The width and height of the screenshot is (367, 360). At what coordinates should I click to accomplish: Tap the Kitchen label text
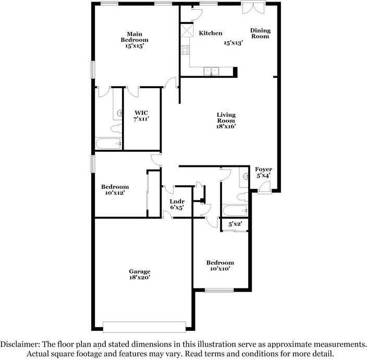(211, 33)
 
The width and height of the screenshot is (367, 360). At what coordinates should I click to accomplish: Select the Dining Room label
(260, 33)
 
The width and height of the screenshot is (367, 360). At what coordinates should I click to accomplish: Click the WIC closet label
(141, 112)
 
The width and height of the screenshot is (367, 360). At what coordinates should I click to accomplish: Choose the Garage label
(140, 271)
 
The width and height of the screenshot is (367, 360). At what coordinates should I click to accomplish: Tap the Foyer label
(263, 170)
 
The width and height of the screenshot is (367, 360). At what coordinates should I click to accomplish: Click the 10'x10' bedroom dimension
(219, 269)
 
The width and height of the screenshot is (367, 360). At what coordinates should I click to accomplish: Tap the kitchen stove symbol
(185, 51)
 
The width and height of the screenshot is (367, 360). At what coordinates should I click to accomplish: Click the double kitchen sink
(211, 71)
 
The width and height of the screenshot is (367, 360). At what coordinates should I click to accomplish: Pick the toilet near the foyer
(241, 197)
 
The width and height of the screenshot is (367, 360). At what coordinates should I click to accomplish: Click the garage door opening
(144, 327)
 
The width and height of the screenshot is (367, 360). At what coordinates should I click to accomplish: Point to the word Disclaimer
(19, 345)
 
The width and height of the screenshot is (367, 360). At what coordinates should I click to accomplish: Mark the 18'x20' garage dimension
(140, 278)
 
